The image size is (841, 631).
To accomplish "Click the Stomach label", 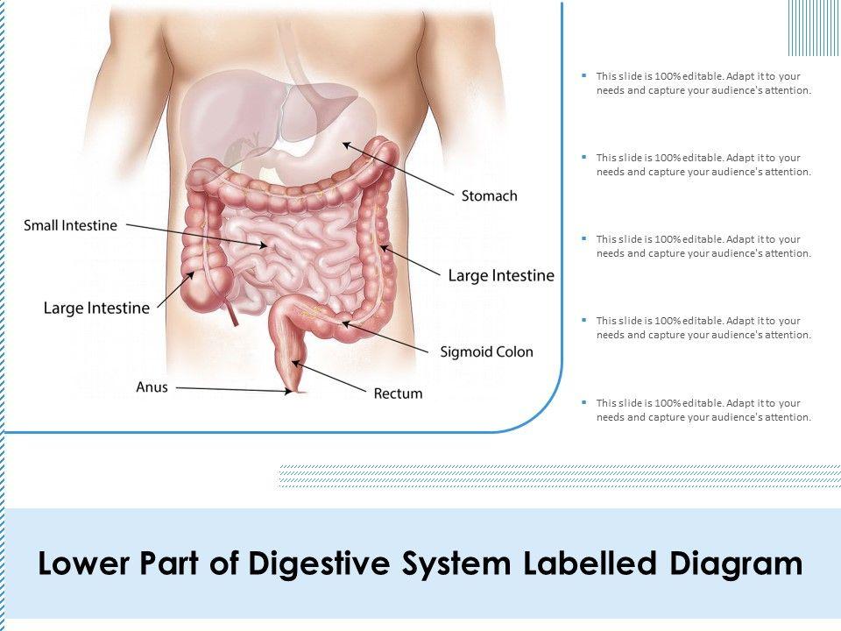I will (x=489, y=195).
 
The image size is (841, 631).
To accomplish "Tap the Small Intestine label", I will (x=70, y=225).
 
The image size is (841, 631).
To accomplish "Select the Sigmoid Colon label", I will (x=486, y=352).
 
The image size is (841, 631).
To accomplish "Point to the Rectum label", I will (x=398, y=393).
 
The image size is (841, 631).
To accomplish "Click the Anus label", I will (x=152, y=386).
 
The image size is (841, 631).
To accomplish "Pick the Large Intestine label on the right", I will (x=501, y=275).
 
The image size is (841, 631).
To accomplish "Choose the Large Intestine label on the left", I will (x=96, y=307).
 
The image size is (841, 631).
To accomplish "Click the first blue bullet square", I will (x=583, y=76).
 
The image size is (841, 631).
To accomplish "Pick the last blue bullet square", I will (x=583, y=402).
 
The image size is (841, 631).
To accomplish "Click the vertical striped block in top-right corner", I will (x=813, y=27).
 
